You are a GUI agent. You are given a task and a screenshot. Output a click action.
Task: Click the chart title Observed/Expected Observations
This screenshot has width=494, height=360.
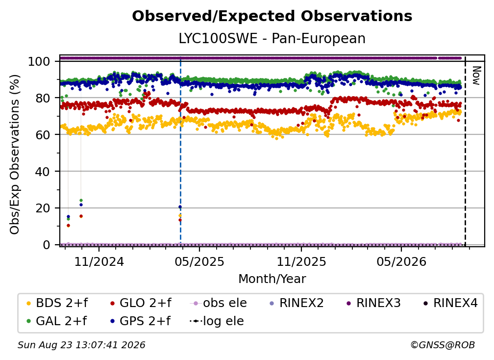coord(272,16)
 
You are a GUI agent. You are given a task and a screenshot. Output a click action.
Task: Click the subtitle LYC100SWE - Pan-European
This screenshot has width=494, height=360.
coord(272,38)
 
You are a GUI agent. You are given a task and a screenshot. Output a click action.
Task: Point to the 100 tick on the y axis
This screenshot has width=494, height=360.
coord(39,61)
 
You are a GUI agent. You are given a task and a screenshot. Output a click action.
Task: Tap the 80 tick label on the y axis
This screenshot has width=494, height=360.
coord(43,98)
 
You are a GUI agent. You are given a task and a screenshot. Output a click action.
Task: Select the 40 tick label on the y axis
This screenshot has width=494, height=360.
coord(43,172)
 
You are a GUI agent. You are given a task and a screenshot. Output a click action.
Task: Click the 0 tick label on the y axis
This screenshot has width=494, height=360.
coord(46,245)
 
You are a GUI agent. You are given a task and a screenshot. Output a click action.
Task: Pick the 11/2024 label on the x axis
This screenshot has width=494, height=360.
coord(99,261)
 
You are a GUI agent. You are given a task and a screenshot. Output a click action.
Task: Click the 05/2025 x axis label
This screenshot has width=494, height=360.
coord(199,261)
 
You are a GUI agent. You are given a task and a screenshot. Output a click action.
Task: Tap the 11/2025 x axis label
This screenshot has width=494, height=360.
coord(301,261)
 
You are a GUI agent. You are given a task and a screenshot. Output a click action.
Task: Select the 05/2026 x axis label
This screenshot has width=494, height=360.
coord(401,261)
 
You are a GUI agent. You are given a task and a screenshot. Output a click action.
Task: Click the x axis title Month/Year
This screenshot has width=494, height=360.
coord(272,279)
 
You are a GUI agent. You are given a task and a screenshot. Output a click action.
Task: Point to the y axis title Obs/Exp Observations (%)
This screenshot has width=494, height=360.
coord(15,154)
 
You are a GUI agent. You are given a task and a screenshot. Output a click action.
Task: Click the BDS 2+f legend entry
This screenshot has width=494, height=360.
coord(57,303)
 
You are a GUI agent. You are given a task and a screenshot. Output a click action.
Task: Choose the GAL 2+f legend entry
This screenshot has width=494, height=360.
coord(57,321)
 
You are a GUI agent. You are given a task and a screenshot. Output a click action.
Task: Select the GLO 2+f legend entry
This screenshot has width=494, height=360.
coord(141,303)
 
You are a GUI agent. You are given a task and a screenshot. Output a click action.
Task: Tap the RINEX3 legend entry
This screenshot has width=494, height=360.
coord(373,303)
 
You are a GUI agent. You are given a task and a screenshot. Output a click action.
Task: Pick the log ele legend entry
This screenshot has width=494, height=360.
coord(217,321)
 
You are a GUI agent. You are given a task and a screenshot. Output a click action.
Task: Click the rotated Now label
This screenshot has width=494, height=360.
coord(476,76)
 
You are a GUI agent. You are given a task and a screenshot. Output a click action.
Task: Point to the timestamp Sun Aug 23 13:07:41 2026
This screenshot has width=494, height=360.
coord(81,345)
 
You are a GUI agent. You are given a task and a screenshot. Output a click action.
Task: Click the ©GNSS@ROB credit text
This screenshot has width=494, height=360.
coord(443,345)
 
